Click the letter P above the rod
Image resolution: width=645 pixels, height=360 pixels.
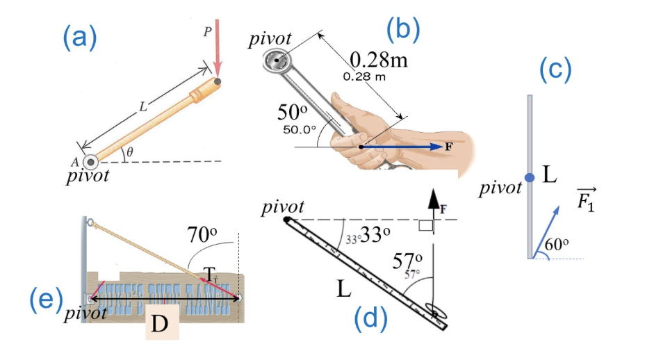(x=207, y=31)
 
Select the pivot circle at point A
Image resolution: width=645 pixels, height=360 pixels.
(x=91, y=161)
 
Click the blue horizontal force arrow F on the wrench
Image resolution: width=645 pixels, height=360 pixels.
(x=403, y=147)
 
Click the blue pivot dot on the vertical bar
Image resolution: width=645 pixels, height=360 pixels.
(x=530, y=178)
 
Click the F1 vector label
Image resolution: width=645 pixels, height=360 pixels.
(x=587, y=200)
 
